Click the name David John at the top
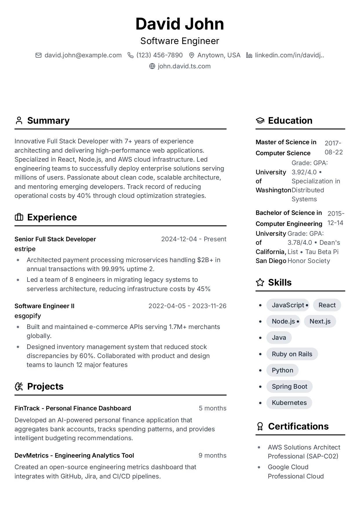coord(180,24)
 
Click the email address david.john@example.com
coord(83,55)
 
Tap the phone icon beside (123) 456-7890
coord(130,55)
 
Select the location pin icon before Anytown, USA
coord(191,55)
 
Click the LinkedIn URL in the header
coord(289,55)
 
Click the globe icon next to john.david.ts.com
coord(152,66)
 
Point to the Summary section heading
coord(48,120)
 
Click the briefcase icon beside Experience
coord(19,217)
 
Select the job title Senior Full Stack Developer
coord(55,239)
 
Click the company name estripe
coord(25,249)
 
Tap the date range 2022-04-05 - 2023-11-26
coord(187,306)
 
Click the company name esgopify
coord(28,316)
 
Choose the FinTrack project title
coord(73,408)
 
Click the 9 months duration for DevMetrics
coord(212,455)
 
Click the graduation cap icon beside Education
coord(260,120)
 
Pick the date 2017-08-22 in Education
coord(333,147)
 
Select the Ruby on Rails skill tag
coord(292,354)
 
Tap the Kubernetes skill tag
coord(289,403)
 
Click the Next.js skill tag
coord(320,321)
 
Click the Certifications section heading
coord(298,426)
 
